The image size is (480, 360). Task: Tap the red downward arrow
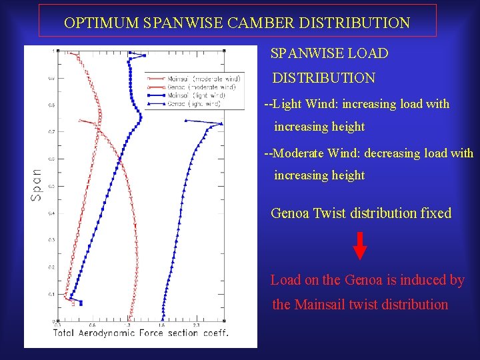359,245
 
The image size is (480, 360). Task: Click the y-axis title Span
37,184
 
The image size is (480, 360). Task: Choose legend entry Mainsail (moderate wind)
205,79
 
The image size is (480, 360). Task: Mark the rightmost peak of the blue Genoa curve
222,123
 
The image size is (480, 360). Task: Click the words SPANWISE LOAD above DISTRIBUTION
329,53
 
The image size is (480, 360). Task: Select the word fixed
436,213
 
